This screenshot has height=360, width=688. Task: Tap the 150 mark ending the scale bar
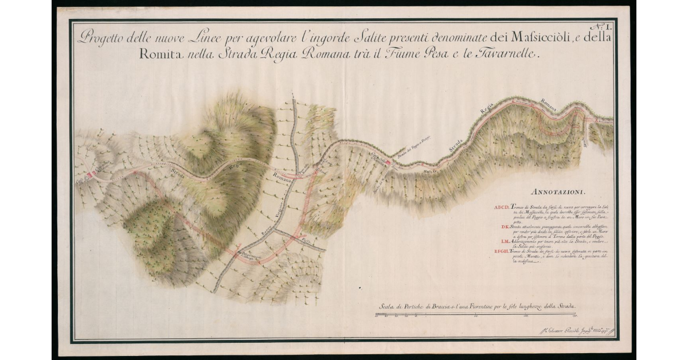(x=574, y=315)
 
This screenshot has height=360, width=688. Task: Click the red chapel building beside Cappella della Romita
(x=388, y=163)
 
